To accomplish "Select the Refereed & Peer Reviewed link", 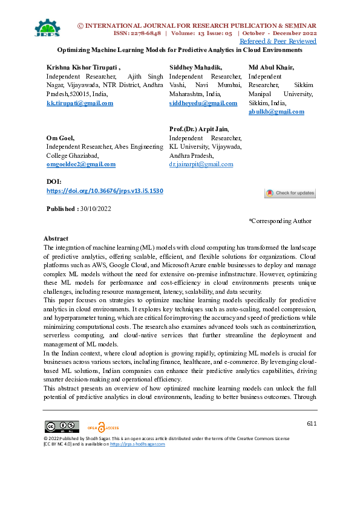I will coord(278,41).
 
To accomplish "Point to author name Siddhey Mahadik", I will coord(195,68).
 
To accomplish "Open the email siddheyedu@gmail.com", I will coord(203,103).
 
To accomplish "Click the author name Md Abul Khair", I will coord(271,68).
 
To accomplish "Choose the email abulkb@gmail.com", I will coord(277,112).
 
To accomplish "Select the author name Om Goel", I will coord(61,138).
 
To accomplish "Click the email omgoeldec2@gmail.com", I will coord(81,164).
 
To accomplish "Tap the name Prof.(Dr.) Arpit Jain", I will coord(198,129).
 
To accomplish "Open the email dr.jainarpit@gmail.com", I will coord(201,164).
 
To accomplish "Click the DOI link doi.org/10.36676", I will coord(105,191).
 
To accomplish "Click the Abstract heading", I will coord(56,239).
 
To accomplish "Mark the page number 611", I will coord(311,424).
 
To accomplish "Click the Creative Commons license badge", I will coord(61,426).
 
